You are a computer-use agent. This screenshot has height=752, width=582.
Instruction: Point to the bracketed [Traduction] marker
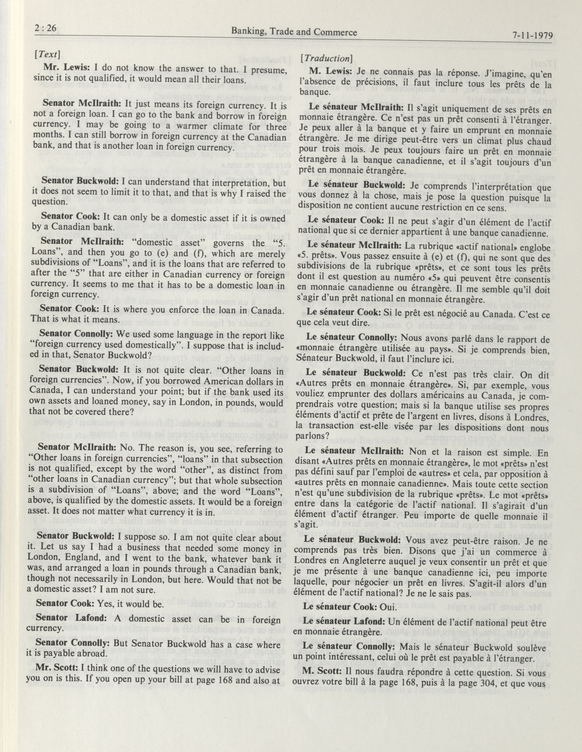pyautogui.click(x=327, y=58)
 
